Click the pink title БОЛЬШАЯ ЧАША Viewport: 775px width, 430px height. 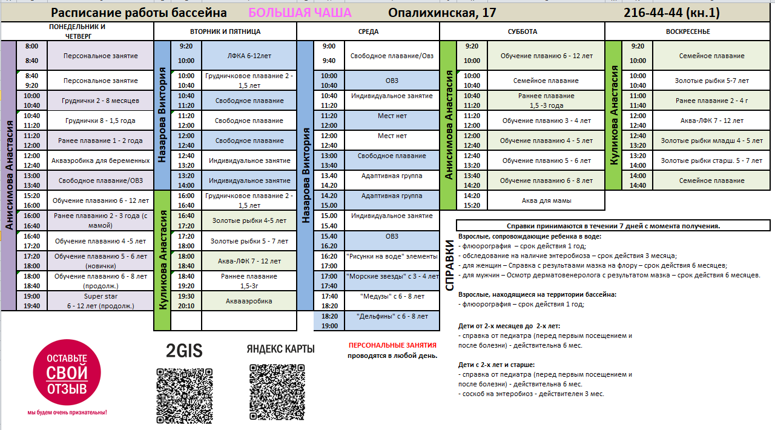(x=300, y=13)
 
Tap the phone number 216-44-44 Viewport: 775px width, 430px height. (x=671, y=13)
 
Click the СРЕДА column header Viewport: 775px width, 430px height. (x=368, y=31)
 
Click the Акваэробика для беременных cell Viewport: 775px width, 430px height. (x=101, y=160)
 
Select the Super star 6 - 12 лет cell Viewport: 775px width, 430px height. (x=101, y=301)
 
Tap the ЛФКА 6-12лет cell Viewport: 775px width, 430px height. (x=249, y=55)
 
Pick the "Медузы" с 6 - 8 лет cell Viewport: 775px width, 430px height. (x=392, y=296)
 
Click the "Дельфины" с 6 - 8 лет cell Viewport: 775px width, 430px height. (x=392, y=316)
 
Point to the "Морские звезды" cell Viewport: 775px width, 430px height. (x=392, y=276)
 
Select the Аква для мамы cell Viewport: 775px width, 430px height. (x=546, y=200)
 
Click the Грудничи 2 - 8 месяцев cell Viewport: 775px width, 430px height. (x=101, y=101)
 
